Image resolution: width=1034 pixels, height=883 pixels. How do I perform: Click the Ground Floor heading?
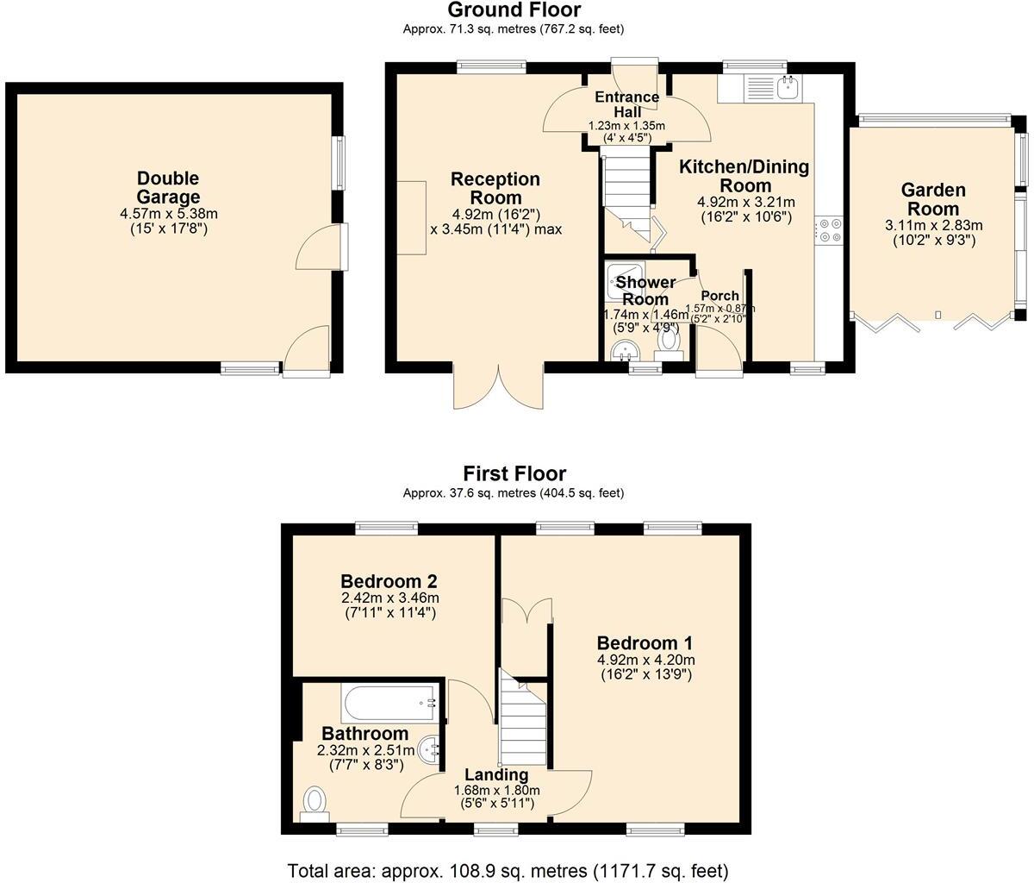coord(514,10)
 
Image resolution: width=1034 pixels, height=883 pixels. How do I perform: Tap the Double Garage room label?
coord(168,188)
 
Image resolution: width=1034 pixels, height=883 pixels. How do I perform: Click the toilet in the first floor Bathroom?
coord(315,802)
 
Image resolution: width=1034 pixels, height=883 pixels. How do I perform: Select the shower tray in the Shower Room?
coord(622,277)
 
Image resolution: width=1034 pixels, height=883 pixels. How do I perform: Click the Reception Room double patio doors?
coord(499,388)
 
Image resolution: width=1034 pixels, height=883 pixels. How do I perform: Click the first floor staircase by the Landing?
coord(524,720)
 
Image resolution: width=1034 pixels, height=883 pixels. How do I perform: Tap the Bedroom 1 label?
coord(645,643)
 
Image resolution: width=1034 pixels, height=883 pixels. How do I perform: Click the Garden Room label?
coord(933,199)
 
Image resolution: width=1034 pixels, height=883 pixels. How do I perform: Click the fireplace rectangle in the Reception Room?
coord(411,218)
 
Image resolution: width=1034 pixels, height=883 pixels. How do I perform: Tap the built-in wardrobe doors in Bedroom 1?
coord(527,611)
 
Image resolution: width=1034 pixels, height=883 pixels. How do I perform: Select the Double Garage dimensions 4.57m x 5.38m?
coord(168,214)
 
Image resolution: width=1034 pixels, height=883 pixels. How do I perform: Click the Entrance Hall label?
coord(627,104)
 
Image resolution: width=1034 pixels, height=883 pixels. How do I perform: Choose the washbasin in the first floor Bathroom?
coord(431,748)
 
